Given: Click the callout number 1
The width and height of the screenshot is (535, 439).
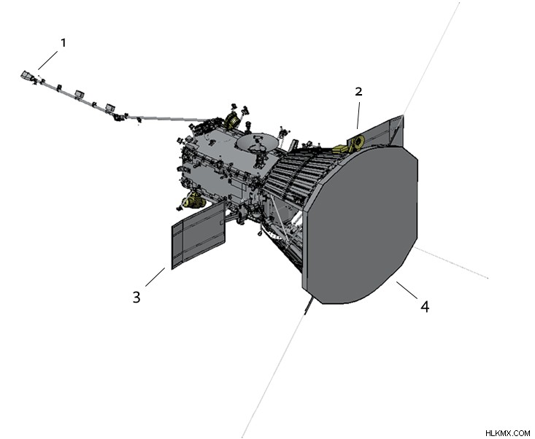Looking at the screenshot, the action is tap(63, 43).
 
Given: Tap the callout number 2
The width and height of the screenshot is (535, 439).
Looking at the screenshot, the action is tap(358, 91).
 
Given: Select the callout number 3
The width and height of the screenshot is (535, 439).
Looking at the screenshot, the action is tap(136, 298).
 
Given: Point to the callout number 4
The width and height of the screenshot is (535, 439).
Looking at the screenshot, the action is tap(425, 307).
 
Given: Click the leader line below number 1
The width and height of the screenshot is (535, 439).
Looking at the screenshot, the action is tap(47, 61).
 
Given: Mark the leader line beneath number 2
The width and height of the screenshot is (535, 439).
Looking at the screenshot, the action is tap(358, 115).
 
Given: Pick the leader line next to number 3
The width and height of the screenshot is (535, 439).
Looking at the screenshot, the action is tap(155, 277).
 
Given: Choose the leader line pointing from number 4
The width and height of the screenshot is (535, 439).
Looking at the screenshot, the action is tap(407, 290).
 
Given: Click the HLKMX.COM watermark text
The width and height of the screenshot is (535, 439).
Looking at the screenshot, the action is tap(507, 433).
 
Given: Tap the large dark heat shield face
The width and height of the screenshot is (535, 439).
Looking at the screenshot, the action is tap(362, 225).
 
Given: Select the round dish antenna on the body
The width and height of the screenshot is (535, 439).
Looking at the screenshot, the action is tap(257, 142).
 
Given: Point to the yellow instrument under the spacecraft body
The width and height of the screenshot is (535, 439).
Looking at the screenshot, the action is tap(193, 201).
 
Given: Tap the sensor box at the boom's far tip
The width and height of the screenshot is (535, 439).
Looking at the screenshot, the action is tap(26, 75).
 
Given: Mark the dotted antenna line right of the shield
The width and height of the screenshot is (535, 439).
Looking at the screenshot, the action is tap(451, 263).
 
